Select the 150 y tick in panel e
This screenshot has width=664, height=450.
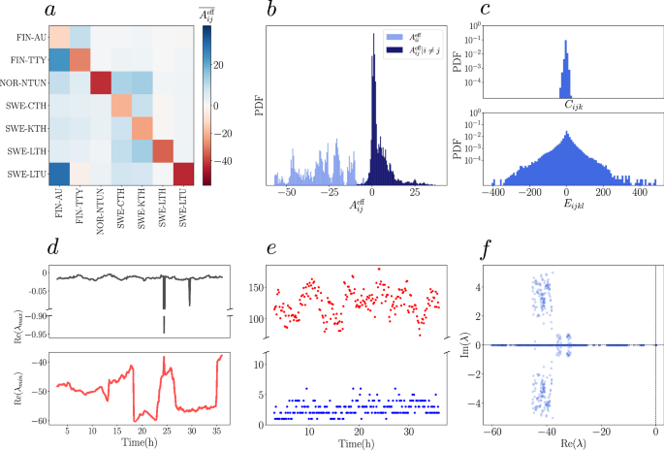[x=258, y=288]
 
